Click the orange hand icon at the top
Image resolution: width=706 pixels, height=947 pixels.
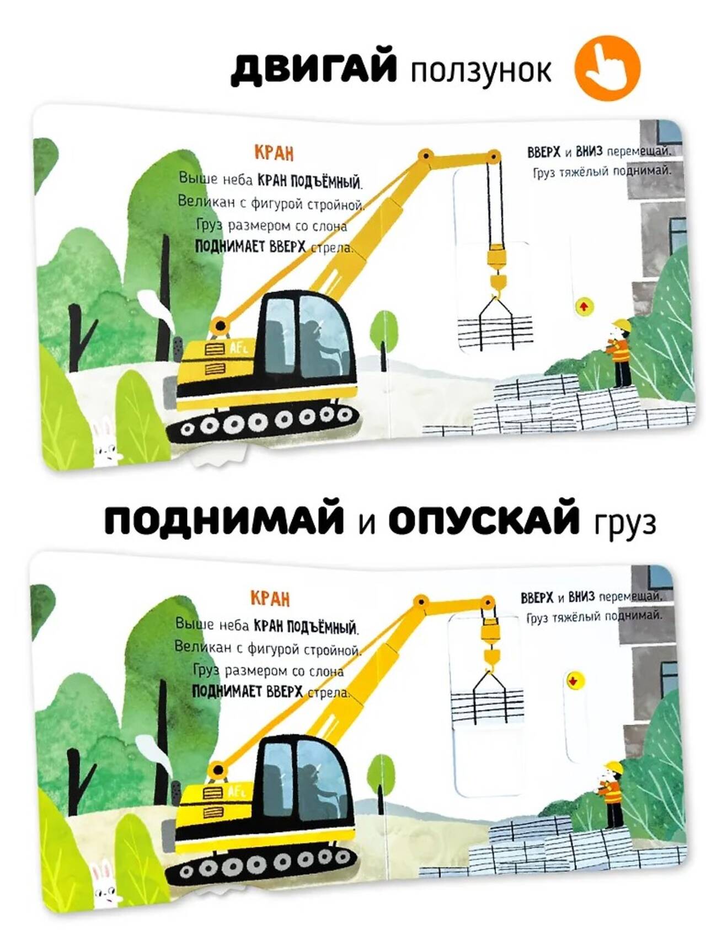point(607,68)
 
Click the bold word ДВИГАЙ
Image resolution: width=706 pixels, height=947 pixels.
point(314,69)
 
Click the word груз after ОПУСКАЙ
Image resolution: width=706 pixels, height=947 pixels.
point(625,523)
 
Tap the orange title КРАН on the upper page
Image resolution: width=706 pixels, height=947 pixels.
point(274,152)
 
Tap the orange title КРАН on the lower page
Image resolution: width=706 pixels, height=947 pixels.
point(270,598)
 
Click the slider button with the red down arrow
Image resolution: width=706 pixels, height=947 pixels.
point(573,681)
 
